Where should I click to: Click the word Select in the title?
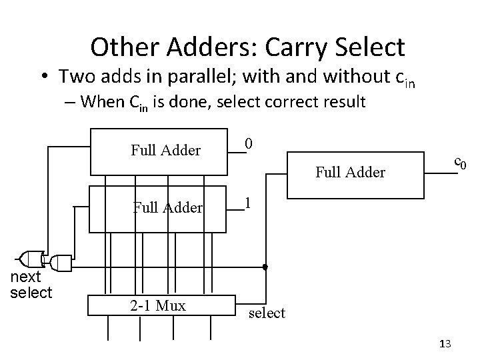point(372,47)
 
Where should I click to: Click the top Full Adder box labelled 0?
point(166,151)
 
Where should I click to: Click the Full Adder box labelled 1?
point(166,208)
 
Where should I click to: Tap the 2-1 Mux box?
point(159,306)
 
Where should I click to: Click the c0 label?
point(459,161)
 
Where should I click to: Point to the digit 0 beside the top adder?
point(248,143)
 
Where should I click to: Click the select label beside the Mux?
point(267,312)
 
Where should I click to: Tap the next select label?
point(31,285)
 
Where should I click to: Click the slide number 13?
point(446,343)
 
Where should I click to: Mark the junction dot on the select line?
point(265,267)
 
